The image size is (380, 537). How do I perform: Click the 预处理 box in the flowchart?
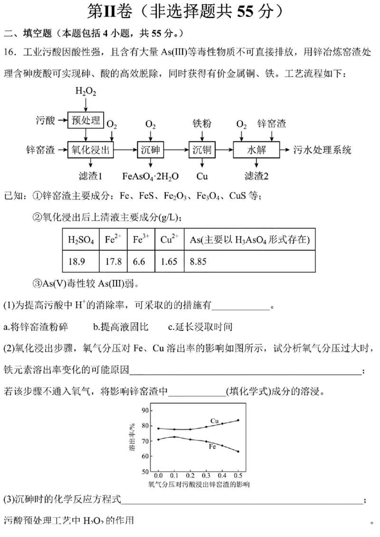coord(85,120)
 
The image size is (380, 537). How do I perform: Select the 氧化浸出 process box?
coord(91,150)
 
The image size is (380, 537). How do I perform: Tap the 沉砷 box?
coord(150,150)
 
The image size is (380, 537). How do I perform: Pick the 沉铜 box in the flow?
coord(202,150)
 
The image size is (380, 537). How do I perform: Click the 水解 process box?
coord(255,150)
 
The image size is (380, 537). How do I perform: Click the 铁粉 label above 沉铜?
coord(202,124)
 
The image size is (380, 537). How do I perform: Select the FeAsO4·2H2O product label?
coord(151,176)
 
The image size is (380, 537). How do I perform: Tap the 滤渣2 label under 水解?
coord(256,176)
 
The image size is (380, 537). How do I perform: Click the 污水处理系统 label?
coord(323,150)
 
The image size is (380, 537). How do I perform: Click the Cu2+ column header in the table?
coord(169,240)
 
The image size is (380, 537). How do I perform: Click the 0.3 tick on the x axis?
coord(206,476)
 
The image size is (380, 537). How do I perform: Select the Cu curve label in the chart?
coord(215,421)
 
